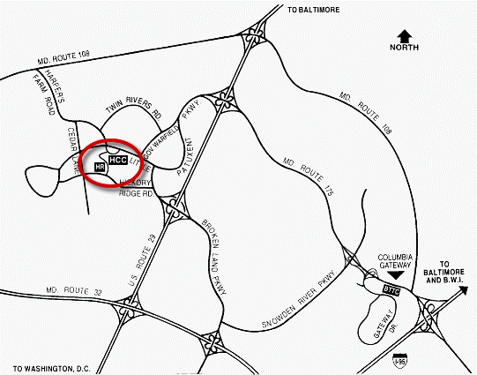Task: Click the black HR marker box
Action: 99,165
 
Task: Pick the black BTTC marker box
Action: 394,289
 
